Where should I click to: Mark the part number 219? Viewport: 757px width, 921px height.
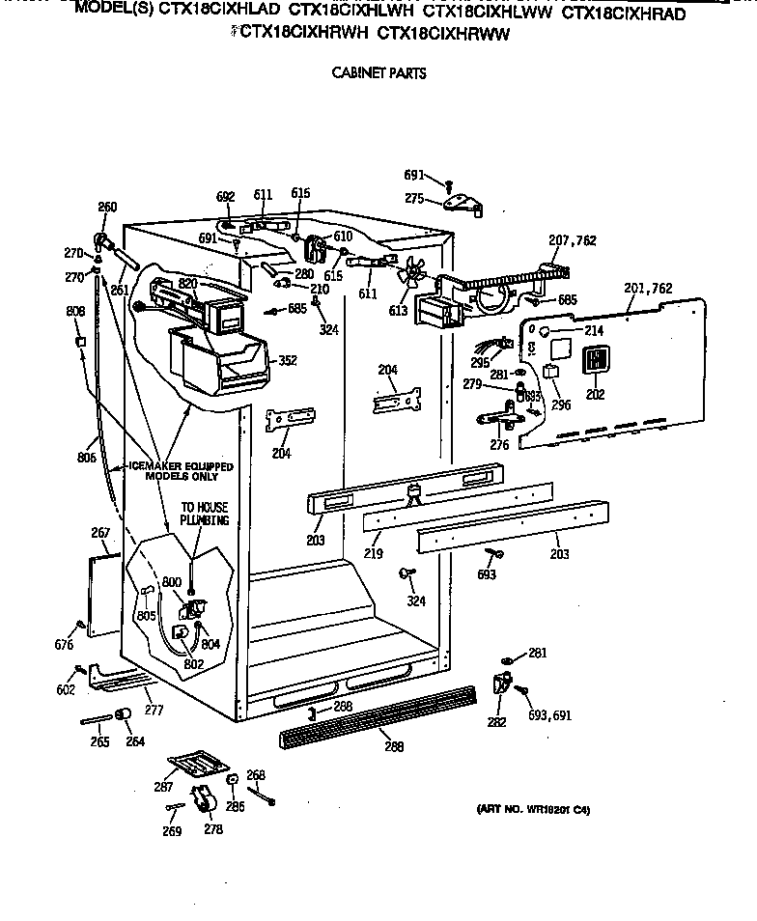coord(374,554)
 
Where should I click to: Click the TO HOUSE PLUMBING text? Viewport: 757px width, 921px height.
coord(206,513)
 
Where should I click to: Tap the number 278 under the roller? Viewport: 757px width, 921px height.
coord(213,830)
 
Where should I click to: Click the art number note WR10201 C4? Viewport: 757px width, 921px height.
coord(533,810)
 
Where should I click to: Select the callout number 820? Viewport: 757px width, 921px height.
coord(187,283)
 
